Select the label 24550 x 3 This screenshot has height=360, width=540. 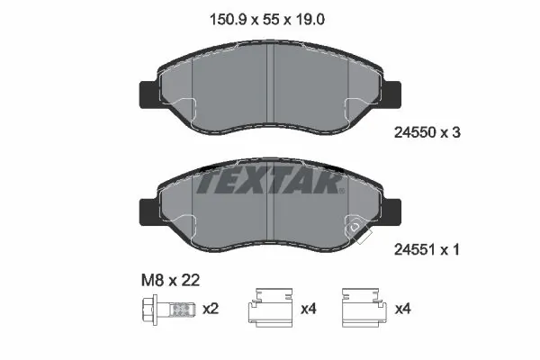427,131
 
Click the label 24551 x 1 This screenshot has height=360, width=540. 427,252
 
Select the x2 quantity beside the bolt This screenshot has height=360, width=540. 211,309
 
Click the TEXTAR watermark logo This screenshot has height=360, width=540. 270,181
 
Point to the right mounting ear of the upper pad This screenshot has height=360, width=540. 394,94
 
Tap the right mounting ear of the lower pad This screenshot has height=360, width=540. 394,213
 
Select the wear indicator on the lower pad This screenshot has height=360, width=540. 357,231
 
